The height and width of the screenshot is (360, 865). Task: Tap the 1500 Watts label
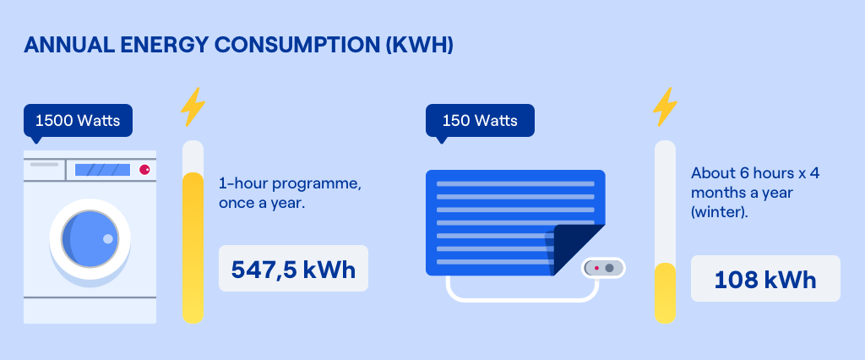click(78, 120)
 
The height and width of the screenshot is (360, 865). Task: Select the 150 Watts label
click(480, 120)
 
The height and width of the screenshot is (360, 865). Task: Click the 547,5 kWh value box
click(293, 269)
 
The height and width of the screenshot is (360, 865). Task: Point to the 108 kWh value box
click(765, 278)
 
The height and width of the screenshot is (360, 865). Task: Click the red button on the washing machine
click(144, 170)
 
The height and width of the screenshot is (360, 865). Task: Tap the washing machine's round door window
click(90, 238)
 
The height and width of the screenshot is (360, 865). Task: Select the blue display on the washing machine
click(102, 170)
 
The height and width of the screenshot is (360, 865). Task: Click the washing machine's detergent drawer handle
click(44, 164)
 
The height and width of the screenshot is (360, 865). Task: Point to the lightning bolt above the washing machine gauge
click(193, 106)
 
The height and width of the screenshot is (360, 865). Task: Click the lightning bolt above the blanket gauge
click(665, 106)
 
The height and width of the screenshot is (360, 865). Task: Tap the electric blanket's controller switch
click(603, 268)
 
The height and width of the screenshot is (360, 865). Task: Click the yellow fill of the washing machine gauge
click(193, 248)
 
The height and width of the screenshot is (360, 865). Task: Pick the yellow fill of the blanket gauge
click(666, 293)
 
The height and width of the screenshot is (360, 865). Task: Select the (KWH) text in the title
click(419, 46)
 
